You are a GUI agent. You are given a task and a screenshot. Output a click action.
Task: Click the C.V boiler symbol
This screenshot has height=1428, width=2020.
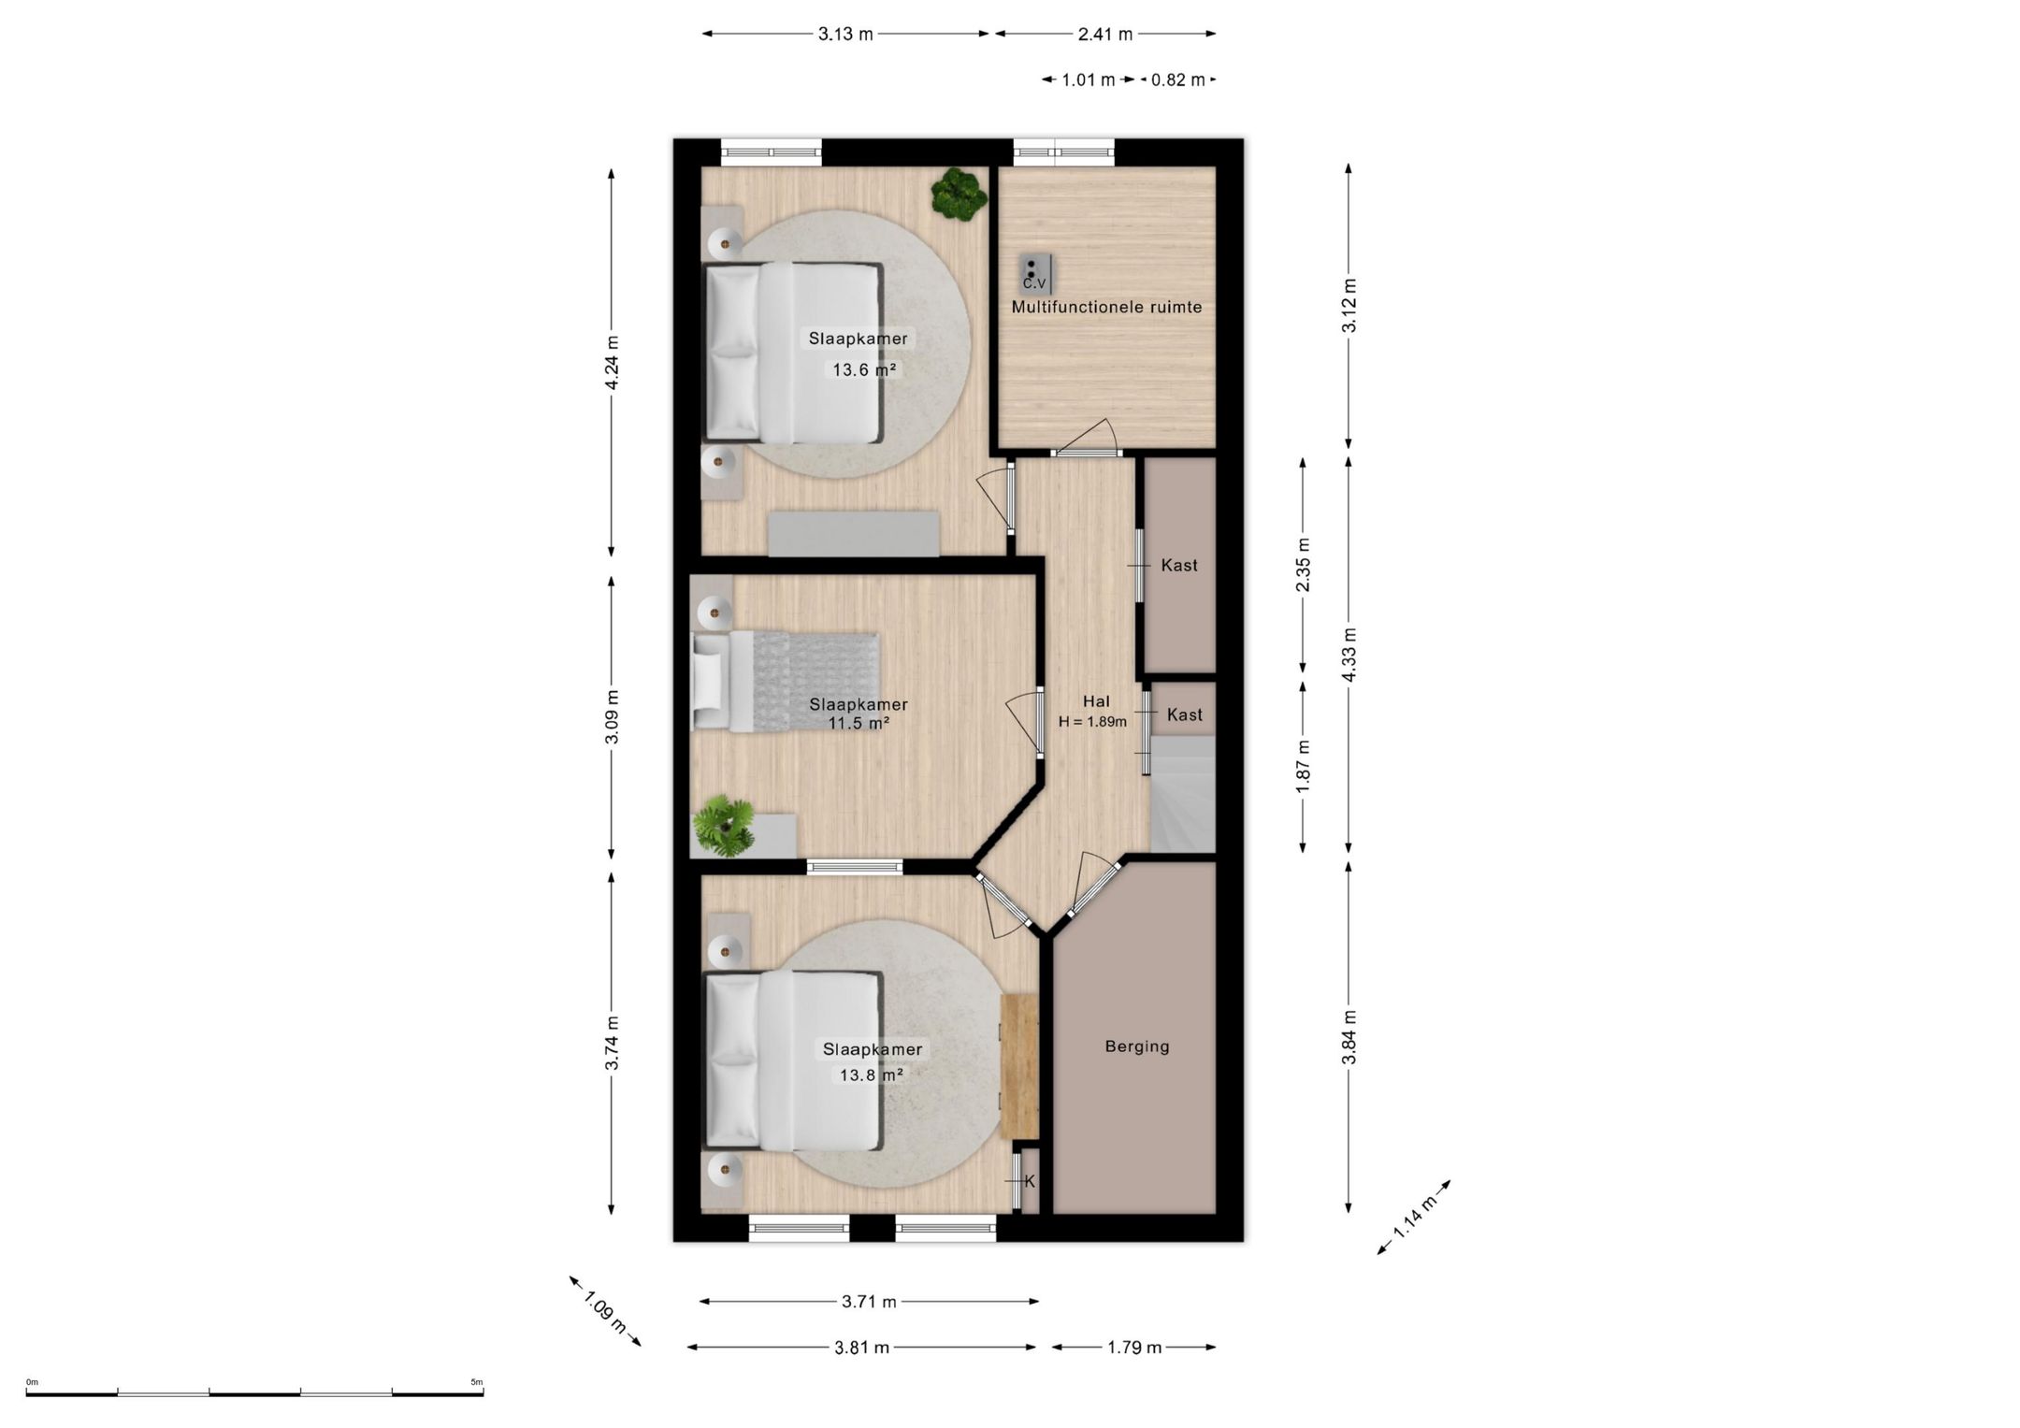coord(1035,273)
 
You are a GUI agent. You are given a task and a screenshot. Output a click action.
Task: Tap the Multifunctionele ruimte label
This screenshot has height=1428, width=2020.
coord(1106,307)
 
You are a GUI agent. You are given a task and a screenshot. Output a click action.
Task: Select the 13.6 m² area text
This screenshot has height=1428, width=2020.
coord(864,369)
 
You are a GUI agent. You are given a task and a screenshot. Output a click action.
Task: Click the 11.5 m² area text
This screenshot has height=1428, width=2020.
coord(858,723)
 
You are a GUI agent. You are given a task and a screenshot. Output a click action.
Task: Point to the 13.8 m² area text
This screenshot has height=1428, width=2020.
coord(871,1075)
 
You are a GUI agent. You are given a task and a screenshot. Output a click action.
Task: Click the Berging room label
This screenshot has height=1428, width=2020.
coord(1137,1046)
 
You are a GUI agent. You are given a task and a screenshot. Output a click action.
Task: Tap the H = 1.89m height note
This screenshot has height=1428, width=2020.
coord(1092,722)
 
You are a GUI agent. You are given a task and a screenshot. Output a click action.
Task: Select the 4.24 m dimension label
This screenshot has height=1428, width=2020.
coord(612,363)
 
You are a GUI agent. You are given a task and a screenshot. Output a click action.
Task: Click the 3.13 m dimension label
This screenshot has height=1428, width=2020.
coord(845,35)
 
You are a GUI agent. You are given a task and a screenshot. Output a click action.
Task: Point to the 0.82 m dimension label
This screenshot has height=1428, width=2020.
coord(1177,80)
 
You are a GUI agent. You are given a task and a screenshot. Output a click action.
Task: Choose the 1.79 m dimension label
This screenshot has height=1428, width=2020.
coord(1134,1348)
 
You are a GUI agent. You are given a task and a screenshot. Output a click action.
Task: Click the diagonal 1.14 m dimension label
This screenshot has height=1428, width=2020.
coord(1414,1219)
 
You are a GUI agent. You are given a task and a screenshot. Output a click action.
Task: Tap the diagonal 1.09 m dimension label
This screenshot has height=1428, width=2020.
coord(605,1312)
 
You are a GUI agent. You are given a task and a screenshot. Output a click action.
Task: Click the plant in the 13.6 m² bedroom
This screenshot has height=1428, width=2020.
coord(959,194)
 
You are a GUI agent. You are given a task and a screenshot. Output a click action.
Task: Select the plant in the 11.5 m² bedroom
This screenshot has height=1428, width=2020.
coord(723,826)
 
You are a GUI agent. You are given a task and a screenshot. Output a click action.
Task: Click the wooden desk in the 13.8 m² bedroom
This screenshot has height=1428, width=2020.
coord(1019,1066)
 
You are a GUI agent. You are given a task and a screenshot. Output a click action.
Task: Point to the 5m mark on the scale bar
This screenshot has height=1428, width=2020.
coord(477,1382)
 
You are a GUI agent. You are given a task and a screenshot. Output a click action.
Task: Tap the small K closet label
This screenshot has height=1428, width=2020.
coord(1030,1182)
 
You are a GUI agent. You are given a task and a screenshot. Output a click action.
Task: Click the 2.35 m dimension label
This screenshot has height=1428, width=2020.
coord(1303,565)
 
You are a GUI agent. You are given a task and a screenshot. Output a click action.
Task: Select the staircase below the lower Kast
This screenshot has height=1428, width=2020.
coord(1182,794)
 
